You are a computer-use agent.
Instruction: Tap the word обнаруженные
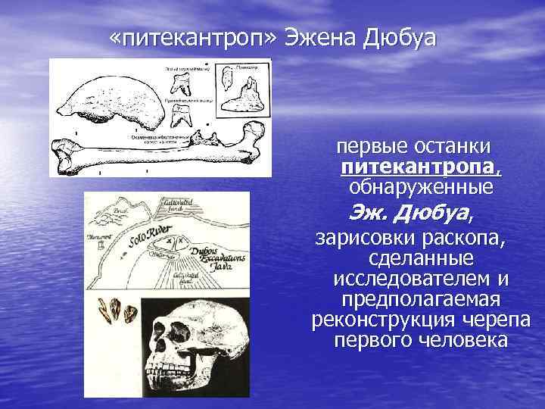pos(420,186)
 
